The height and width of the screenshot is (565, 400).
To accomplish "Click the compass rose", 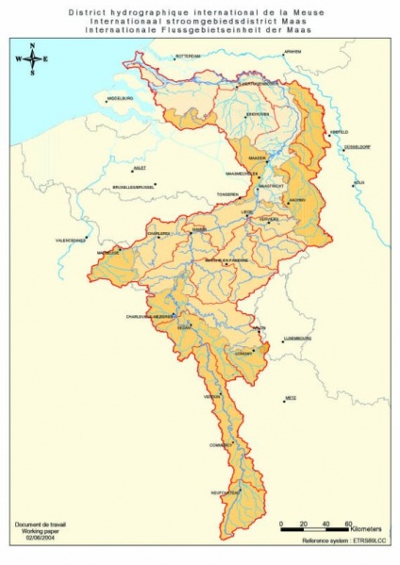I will coord(33,58).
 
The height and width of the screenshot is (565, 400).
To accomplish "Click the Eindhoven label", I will coord(258,114).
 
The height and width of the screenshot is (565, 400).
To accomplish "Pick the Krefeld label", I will coord(338,132).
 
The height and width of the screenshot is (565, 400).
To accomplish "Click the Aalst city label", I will coord(141,167).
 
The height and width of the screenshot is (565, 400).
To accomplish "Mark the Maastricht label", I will coord(271,187).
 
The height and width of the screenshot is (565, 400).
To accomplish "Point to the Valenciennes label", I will coord(74,241).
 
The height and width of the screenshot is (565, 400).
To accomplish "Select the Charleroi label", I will coord(158,233).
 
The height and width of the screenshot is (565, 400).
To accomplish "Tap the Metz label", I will coord(291,398).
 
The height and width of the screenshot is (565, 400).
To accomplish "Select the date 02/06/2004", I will coord(33,538).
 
